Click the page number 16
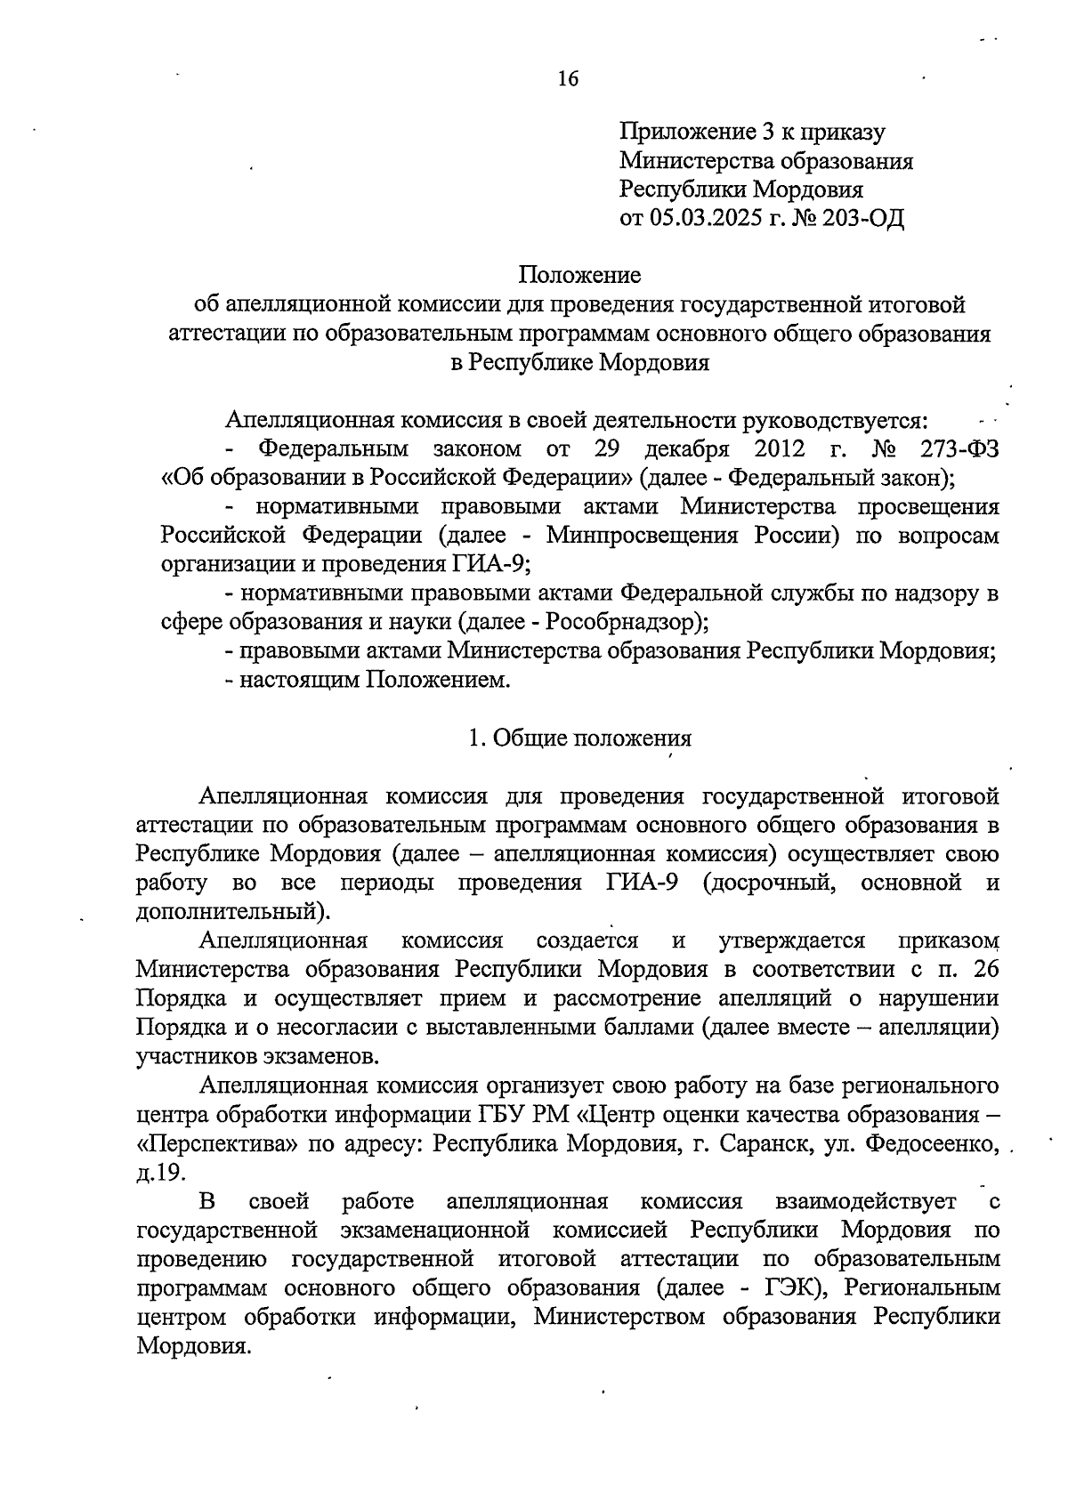(568, 79)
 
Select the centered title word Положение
(580, 275)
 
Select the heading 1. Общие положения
(579, 738)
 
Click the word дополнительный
(226, 912)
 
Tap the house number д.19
(161, 1173)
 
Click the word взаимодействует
(866, 1202)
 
